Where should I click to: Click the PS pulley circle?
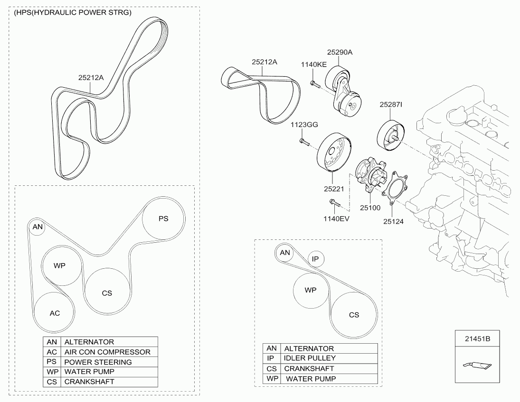point(163,219)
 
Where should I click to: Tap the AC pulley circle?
point(55,313)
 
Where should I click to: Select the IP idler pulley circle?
point(315,259)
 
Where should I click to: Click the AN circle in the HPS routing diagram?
point(38,227)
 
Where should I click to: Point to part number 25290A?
point(339,53)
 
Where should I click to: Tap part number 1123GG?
point(304,124)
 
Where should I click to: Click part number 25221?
point(334,189)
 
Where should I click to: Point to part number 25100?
point(370,208)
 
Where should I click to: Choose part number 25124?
point(393,221)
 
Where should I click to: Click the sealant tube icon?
point(477,365)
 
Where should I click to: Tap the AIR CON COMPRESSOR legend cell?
point(107,352)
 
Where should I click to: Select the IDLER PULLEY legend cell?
point(310,358)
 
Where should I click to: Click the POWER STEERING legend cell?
point(98,362)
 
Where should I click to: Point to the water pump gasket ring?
point(393,192)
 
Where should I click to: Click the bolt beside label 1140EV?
point(335,204)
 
